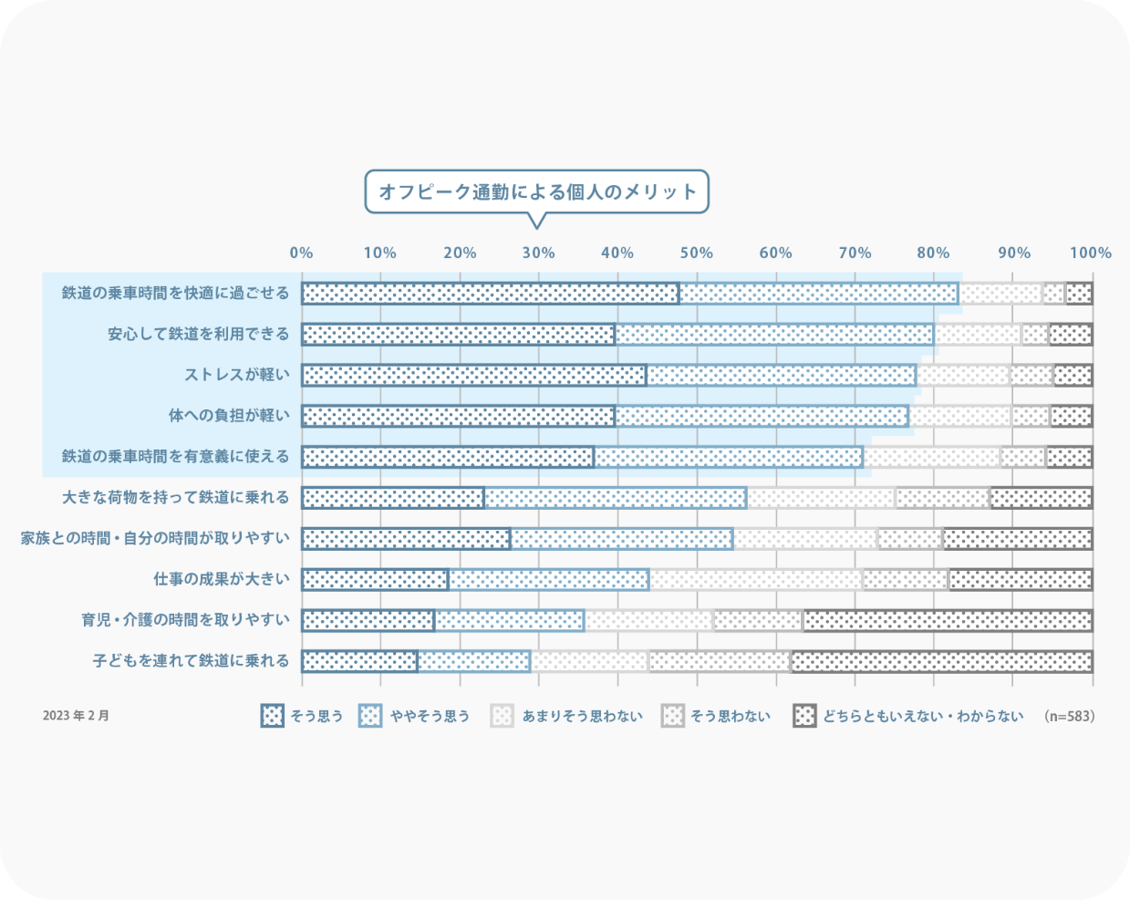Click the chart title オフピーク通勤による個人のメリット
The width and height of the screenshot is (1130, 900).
tap(537, 191)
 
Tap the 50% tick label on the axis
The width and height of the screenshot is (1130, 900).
tap(697, 253)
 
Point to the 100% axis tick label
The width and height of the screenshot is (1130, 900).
tap(1091, 253)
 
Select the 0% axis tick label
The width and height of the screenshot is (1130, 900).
tap(301, 253)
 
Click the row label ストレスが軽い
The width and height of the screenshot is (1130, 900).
tap(237, 375)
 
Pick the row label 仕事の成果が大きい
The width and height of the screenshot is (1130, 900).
tap(222, 579)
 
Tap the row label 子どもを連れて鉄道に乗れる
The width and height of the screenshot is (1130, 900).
tap(192, 660)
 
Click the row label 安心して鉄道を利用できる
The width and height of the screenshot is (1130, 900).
tap(199, 334)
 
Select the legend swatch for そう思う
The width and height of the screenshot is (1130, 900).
tap(272, 716)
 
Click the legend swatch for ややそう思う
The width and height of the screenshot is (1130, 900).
tap(370, 716)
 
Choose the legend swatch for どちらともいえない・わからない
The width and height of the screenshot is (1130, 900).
tap(804, 716)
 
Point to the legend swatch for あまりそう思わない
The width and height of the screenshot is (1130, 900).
tap(502, 716)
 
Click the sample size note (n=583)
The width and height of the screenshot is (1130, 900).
tap(1070, 716)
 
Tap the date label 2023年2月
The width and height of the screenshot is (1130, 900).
tap(76, 716)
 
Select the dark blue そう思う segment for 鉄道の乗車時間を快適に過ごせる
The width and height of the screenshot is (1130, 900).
tap(491, 294)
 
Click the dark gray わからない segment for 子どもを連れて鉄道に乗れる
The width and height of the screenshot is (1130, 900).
tap(942, 662)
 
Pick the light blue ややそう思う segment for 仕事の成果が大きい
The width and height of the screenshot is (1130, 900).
tap(549, 580)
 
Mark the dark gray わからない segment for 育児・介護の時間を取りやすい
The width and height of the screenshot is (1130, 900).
tap(949, 621)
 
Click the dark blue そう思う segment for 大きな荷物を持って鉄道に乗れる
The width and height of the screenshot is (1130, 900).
tap(393, 498)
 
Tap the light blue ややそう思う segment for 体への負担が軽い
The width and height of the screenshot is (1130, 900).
tap(762, 416)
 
